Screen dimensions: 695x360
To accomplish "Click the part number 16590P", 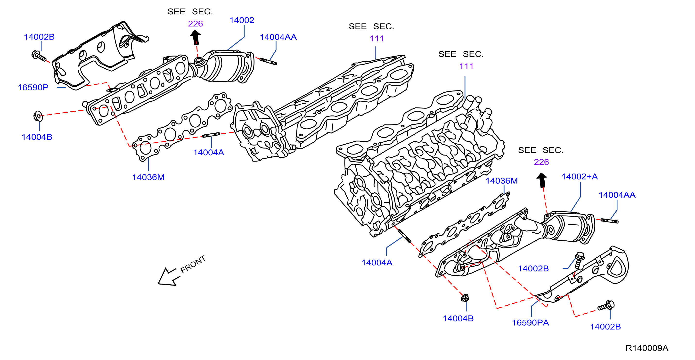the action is pyautogui.click(x=33, y=87).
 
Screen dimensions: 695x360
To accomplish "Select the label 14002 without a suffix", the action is pyautogui.click(x=242, y=20).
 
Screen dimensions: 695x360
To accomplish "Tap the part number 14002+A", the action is pyautogui.click(x=580, y=177).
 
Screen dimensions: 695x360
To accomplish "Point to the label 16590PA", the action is pyautogui.click(x=531, y=323).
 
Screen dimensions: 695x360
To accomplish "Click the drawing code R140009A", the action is pyautogui.click(x=647, y=348).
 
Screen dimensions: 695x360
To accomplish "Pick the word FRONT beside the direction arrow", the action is pyautogui.click(x=193, y=264).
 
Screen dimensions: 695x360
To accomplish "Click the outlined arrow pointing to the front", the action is pyautogui.click(x=169, y=277).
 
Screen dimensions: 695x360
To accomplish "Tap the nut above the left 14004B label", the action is pyautogui.click(x=38, y=116).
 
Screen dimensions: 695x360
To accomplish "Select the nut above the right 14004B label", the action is pyautogui.click(x=465, y=298).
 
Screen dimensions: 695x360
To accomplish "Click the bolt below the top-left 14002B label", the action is pyautogui.click(x=39, y=56).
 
